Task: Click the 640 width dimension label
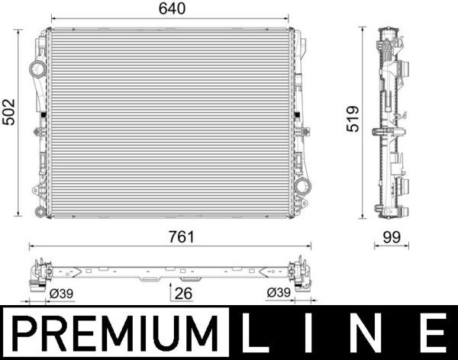pyautogui.click(x=170, y=8)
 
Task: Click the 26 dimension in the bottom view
pyautogui.click(x=183, y=292)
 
